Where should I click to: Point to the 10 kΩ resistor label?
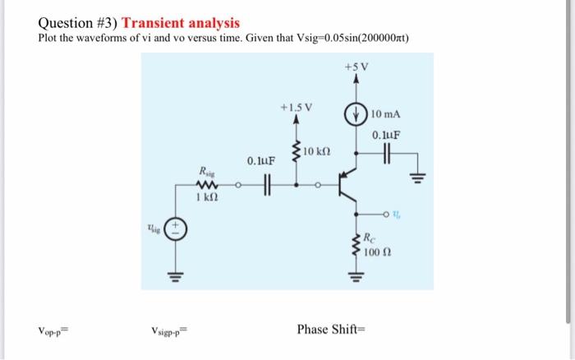tap(317, 153)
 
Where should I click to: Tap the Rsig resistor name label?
tap(205, 171)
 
